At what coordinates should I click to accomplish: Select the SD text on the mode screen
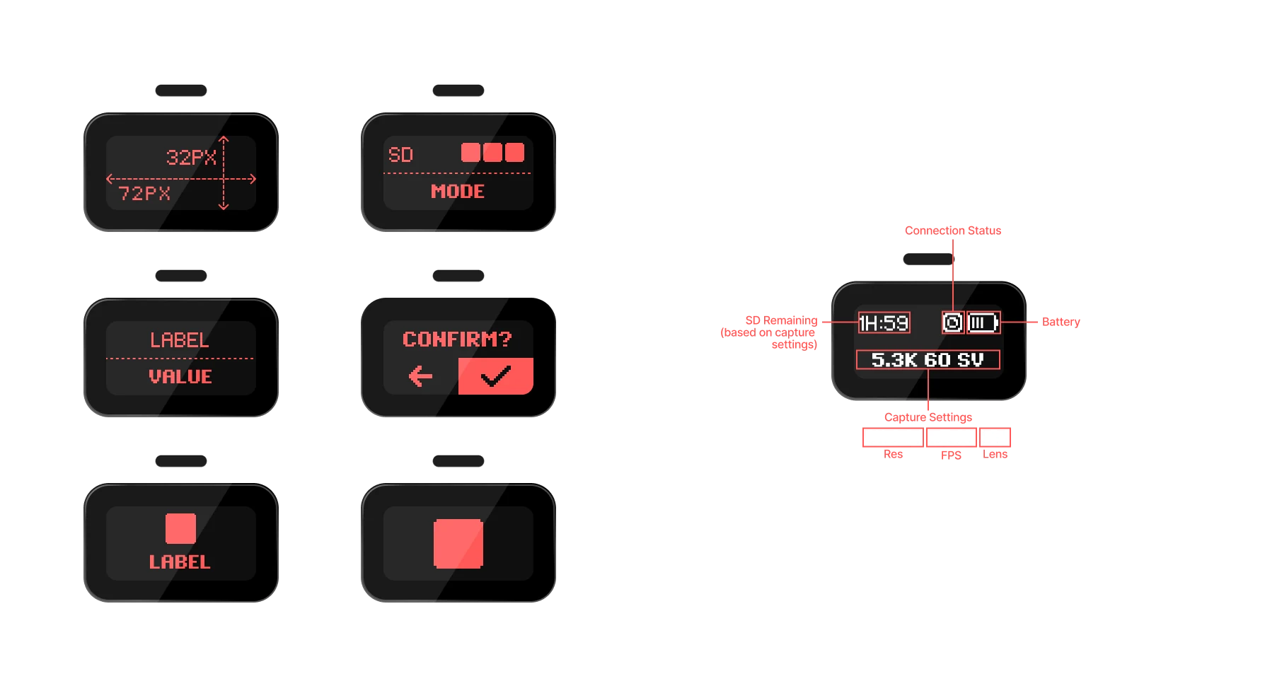click(400, 155)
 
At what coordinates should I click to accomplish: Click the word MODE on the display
click(458, 192)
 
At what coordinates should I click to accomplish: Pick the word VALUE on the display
click(180, 377)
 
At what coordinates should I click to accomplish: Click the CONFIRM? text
click(457, 339)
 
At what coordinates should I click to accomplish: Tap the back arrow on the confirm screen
click(421, 376)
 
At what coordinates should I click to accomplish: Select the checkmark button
click(496, 376)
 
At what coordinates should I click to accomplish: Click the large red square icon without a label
click(458, 544)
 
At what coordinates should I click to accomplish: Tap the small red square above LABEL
click(180, 528)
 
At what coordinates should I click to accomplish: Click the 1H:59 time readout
click(884, 323)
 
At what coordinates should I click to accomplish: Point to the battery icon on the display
click(983, 323)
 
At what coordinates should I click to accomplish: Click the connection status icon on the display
click(953, 323)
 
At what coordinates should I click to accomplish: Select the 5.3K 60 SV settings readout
click(928, 360)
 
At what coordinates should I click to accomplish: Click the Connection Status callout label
click(953, 231)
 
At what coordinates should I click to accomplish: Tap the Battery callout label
click(1061, 322)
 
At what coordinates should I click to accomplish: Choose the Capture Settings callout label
click(928, 417)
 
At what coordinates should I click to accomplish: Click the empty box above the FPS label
click(952, 437)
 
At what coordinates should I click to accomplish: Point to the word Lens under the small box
click(995, 454)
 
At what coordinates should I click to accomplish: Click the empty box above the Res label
click(894, 437)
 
